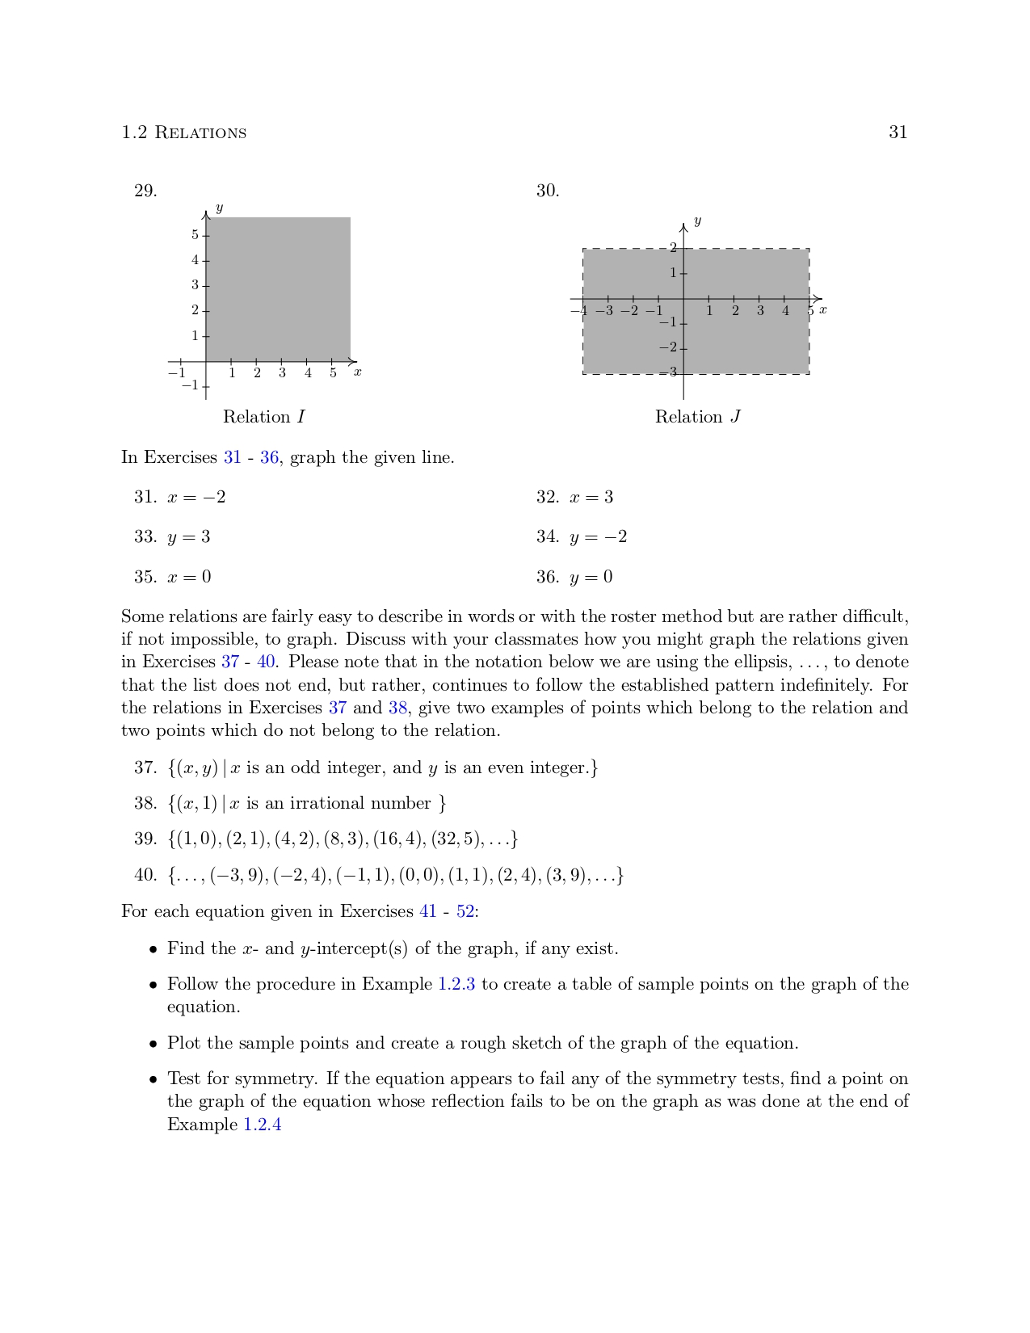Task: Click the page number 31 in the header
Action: tap(898, 132)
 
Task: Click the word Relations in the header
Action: tap(200, 133)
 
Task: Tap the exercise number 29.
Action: tap(145, 191)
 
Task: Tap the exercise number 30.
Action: tap(548, 191)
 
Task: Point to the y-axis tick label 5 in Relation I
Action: tap(195, 235)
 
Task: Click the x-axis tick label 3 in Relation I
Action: tap(282, 373)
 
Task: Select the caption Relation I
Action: tap(264, 417)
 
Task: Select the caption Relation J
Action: tap(697, 417)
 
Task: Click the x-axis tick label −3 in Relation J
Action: tap(604, 311)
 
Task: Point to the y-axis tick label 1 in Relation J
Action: tap(672, 273)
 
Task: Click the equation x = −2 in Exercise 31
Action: tap(196, 498)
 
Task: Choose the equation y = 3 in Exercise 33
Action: tap(188, 537)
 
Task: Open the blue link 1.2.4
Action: tap(263, 1125)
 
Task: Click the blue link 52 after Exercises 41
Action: tap(465, 912)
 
